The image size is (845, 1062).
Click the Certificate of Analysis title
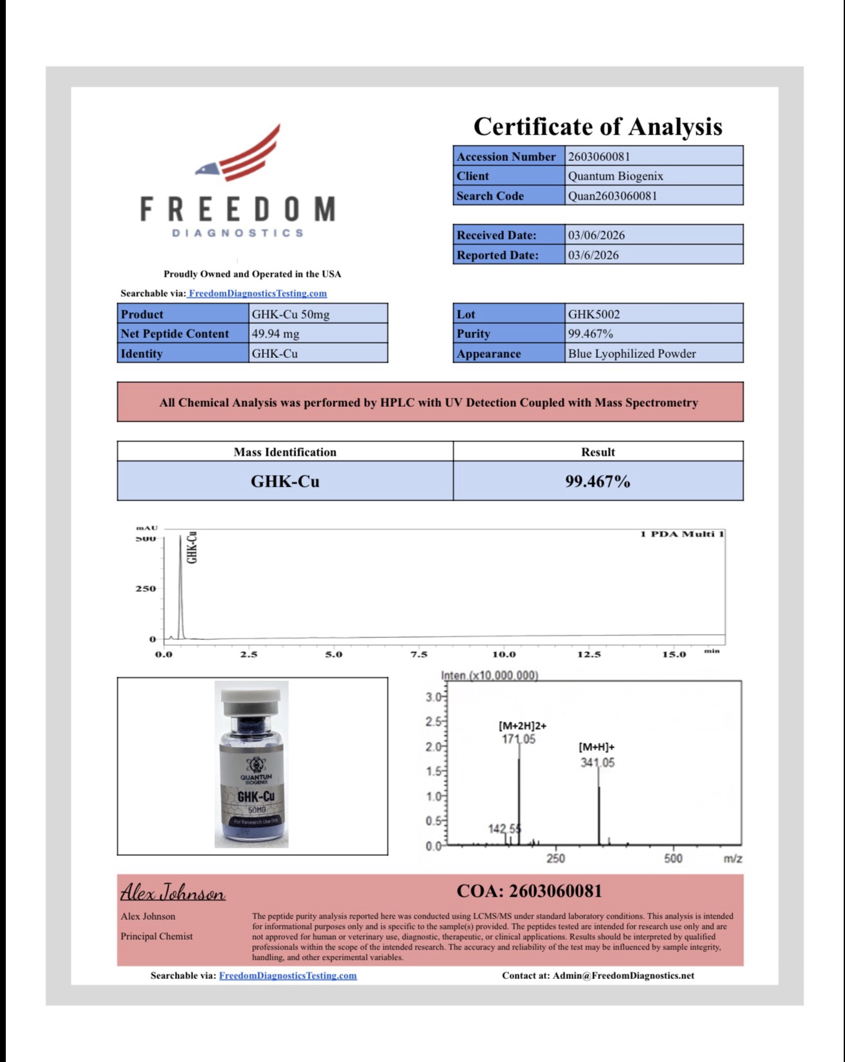click(598, 127)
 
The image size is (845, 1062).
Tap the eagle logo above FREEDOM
click(239, 154)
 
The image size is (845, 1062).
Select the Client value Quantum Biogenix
click(615, 176)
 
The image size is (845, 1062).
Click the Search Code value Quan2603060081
click(612, 196)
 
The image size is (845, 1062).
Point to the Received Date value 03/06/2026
click(596, 236)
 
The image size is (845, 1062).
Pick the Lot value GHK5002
click(593, 315)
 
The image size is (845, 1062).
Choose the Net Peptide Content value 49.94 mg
click(275, 334)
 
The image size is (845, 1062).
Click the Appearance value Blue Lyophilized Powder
click(631, 354)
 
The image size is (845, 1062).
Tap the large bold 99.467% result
click(597, 481)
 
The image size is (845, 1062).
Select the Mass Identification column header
click(284, 452)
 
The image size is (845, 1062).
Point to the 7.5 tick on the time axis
click(418, 655)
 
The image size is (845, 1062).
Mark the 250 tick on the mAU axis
click(145, 589)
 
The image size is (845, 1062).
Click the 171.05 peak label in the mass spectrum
click(518, 740)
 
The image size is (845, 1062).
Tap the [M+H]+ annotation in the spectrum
click(597, 747)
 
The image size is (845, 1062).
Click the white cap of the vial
click(251, 696)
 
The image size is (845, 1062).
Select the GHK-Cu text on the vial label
click(255, 797)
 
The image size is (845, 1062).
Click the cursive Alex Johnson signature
click(172, 893)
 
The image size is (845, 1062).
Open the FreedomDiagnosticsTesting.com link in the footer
click(288, 976)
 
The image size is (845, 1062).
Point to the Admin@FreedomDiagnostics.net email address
click(623, 976)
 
